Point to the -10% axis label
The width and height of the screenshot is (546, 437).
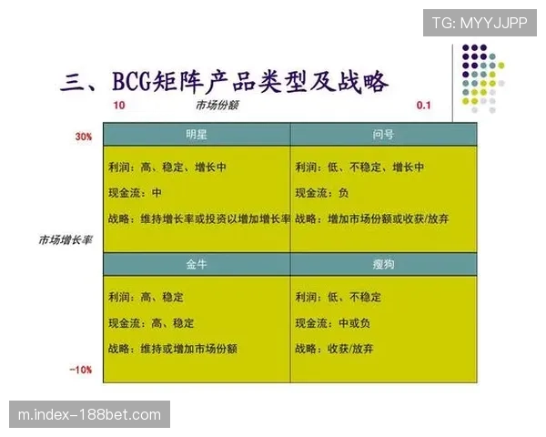tap(82, 370)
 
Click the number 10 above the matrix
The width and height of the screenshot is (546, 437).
tap(119, 106)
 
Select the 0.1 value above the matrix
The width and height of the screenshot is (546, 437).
tap(423, 106)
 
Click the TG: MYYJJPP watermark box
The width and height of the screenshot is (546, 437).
tap(479, 23)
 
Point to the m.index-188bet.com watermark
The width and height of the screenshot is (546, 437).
tap(90, 415)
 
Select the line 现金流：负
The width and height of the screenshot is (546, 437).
tap(322, 194)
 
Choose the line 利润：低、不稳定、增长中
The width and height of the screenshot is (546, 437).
tap(359, 168)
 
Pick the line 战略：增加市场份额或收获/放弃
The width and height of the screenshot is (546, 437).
tap(372, 219)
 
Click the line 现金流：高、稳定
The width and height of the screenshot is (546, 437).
tap(150, 323)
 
